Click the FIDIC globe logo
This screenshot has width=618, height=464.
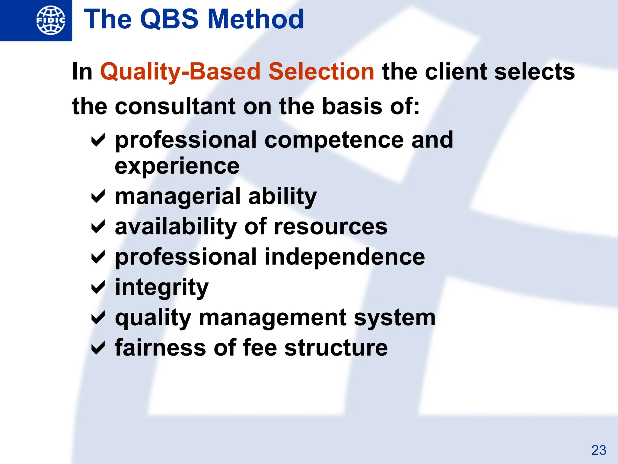pyautogui.click(x=51, y=20)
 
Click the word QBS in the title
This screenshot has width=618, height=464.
pyautogui.click(x=169, y=19)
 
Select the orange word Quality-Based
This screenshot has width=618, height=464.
pyautogui.click(x=180, y=72)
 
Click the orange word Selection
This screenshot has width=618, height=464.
pyautogui.click(x=321, y=72)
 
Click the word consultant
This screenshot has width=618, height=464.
pyautogui.click(x=176, y=106)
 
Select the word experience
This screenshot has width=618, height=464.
pyautogui.click(x=177, y=166)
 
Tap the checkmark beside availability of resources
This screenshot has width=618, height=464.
pyautogui.click(x=98, y=227)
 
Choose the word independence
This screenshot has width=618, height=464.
pyautogui.click(x=345, y=257)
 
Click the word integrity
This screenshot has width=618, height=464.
pyautogui.click(x=162, y=288)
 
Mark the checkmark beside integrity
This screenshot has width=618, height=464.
pyautogui.click(x=98, y=287)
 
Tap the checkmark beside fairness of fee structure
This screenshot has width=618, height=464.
pyautogui.click(x=98, y=348)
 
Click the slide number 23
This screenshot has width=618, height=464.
pyautogui.click(x=599, y=450)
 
